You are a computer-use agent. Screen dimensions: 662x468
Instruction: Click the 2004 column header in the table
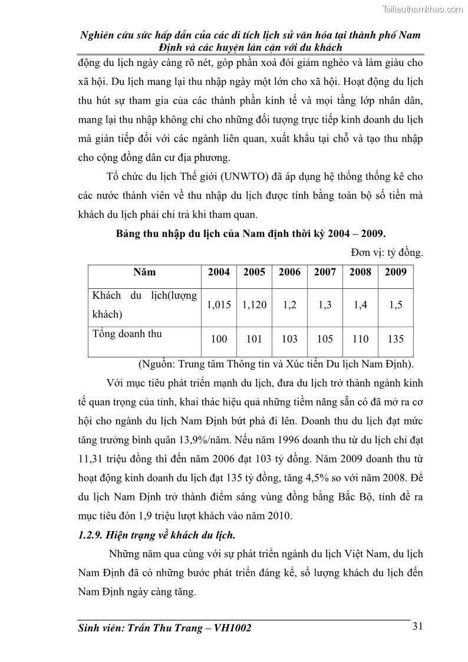click(219, 272)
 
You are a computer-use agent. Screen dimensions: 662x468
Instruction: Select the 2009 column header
click(396, 272)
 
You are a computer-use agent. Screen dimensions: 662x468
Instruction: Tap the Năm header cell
click(144, 272)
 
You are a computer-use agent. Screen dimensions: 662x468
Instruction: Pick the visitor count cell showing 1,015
click(219, 305)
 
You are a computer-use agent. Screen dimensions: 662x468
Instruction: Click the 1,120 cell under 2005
click(254, 305)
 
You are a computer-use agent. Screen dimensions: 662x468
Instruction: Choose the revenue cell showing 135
click(396, 339)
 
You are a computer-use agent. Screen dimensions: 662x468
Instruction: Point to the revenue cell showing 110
click(360, 339)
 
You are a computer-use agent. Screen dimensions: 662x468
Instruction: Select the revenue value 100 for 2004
click(219, 339)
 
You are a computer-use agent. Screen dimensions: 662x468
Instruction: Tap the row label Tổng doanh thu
click(127, 334)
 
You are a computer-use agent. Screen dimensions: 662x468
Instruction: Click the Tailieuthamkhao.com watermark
click(423, 9)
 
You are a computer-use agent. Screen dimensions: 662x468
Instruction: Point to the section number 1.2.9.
click(93, 535)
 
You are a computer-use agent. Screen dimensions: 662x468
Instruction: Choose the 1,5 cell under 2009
click(396, 305)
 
